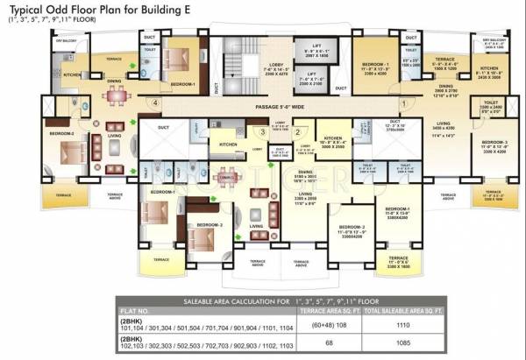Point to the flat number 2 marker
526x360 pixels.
[298, 132]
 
